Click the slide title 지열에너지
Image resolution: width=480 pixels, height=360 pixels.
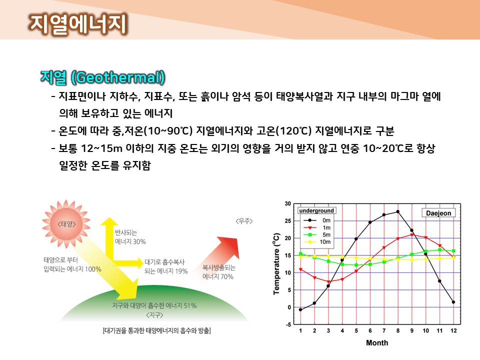click(x=78, y=24)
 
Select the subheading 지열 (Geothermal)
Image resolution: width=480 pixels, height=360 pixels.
click(x=102, y=77)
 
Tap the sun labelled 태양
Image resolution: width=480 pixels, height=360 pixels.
click(x=66, y=224)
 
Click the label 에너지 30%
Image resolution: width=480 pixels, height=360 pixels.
click(x=130, y=241)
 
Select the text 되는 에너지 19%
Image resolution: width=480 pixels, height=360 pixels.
click(x=166, y=271)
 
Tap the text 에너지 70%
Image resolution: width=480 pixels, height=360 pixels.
click(x=217, y=276)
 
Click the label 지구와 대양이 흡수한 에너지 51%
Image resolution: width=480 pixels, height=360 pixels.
click(x=154, y=305)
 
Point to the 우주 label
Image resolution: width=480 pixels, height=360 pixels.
click(x=244, y=221)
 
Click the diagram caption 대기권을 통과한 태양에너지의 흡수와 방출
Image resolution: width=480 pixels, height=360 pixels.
click(x=156, y=330)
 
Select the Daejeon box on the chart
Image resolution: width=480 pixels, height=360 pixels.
click(x=438, y=213)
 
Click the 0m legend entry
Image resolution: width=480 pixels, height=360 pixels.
click(x=317, y=220)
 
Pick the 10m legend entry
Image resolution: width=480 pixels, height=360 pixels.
click(x=317, y=242)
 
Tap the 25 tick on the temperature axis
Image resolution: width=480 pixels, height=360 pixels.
click(x=288, y=220)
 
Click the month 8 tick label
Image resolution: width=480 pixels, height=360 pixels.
click(x=398, y=330)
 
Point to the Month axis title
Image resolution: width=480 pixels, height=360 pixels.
click(x=377, y=343)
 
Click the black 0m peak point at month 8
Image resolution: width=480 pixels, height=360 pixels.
click(x=398, y=211)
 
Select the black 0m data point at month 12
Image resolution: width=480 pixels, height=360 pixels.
click(x=453, y=302)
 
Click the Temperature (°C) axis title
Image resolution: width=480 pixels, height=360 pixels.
click(x=276, y=264)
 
